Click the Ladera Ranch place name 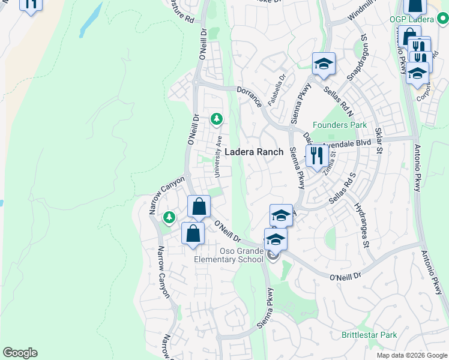click(x=253, y=152)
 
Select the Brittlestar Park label click(x=369, y=335)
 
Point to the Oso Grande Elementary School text click(x=228, y=255)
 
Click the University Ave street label click(x=220, y=155)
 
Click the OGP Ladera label click(x=411, y=20)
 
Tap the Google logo click(x=20, y=353)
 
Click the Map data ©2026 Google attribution click(x=411, y=355)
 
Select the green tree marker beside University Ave click(x=216, y=119)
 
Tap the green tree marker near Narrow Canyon click(x=170, y=216)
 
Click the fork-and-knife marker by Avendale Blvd click(x=315, y=157)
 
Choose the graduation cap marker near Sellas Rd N click(x=324, y=64)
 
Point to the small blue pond click(x=90, y=22)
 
